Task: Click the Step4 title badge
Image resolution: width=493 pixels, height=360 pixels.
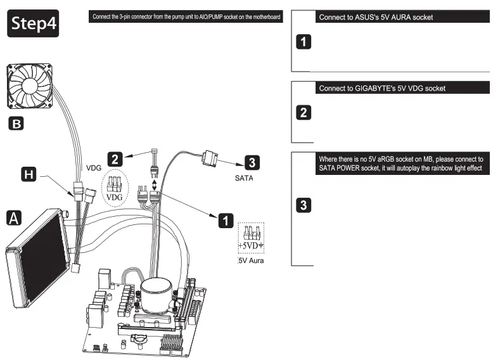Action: (x=33, y=23)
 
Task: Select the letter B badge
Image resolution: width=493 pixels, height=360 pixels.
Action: (x=15, y=123)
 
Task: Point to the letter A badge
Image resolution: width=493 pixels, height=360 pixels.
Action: (x=14, y=218)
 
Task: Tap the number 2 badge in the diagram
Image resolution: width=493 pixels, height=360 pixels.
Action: (x=115, y=158)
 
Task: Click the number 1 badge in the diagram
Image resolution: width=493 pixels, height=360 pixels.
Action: (x=225, y=220)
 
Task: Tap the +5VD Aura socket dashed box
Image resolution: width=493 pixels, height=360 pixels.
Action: (x=252, y=238)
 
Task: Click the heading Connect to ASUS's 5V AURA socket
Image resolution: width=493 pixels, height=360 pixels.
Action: (x=376, y=17)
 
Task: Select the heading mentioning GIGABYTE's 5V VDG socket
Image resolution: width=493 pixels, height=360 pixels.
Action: (x=382, y=88)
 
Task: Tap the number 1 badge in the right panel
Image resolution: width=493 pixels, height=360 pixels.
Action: (x=304, y=43)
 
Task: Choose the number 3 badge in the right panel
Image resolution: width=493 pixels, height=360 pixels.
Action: (x=304, y=205)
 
